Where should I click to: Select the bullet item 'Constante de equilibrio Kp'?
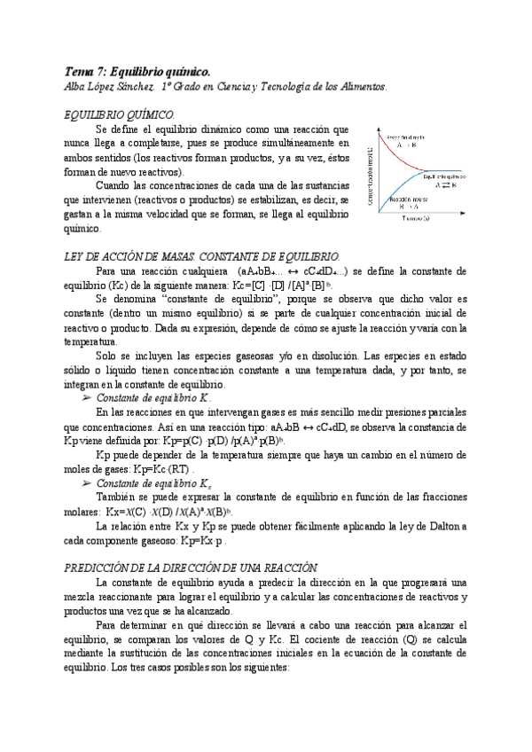click(153, 398)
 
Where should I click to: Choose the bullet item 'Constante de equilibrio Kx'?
click(153, 482)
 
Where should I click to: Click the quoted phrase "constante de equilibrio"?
click(199, 300)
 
